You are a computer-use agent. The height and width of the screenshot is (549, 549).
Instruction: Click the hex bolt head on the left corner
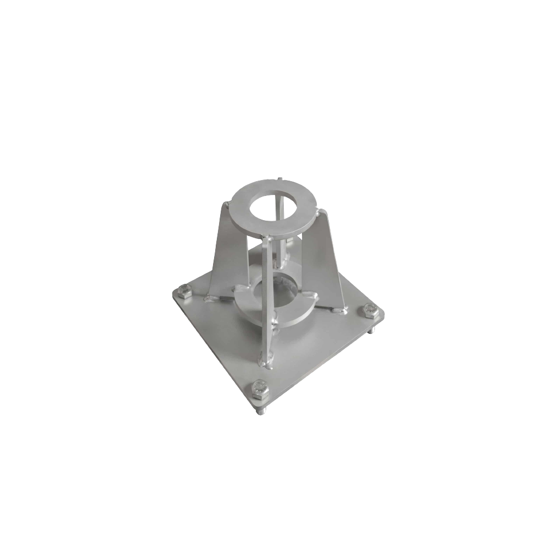[x=184, y=292]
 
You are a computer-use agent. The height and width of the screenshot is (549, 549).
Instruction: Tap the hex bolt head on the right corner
[x=367, y=311]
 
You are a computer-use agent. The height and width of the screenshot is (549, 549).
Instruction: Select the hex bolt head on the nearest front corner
[x=258, y=388]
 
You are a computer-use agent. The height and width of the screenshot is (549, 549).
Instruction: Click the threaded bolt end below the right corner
[x=372, y=329]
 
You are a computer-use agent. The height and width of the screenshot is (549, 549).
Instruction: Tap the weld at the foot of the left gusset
[x=210, y=298]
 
